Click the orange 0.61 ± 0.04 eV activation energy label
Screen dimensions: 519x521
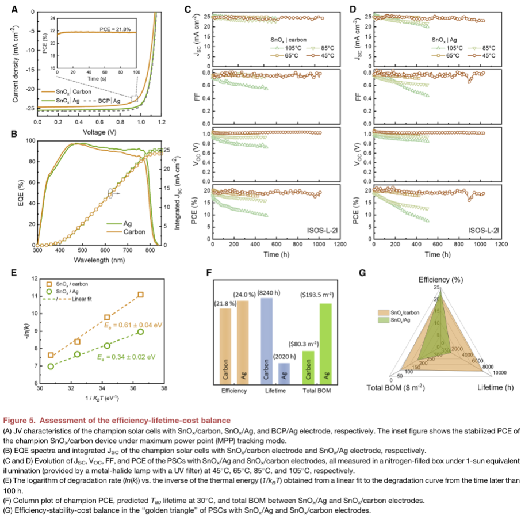133,325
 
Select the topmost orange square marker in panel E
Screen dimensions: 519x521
140,295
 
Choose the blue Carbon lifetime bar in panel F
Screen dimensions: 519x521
266,339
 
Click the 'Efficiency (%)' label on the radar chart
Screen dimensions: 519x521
440,279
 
